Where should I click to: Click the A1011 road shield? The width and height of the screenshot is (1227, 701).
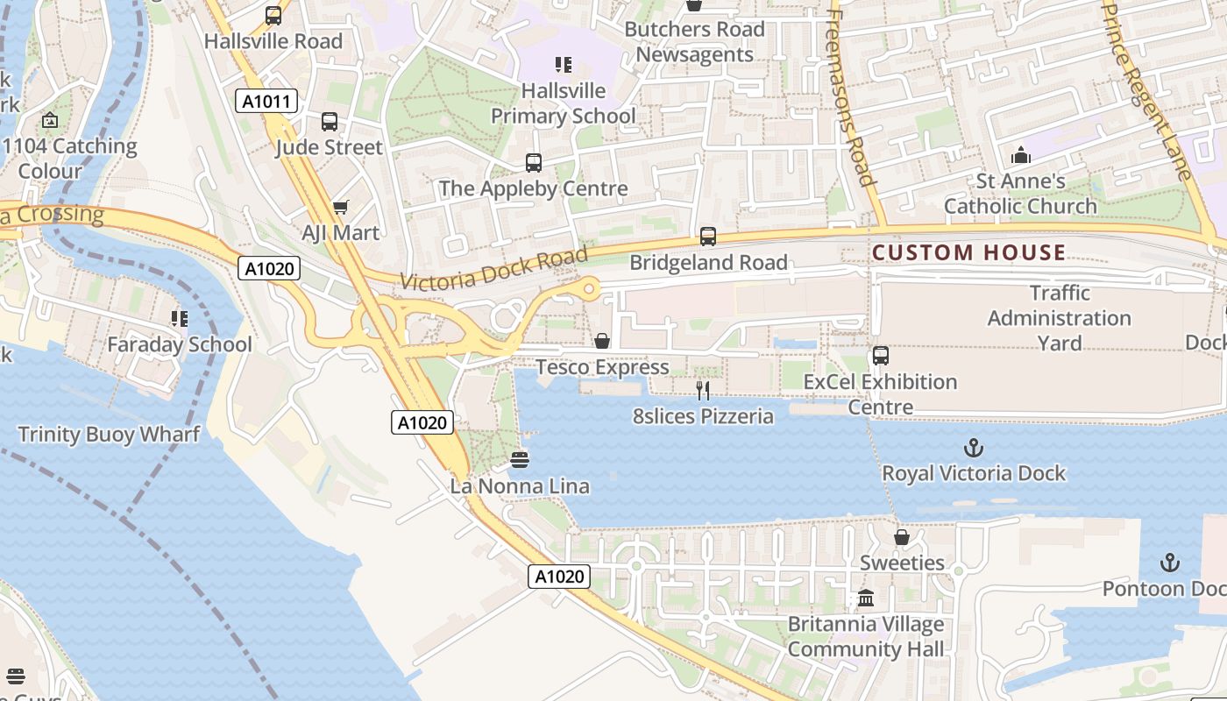pyautogui.click(x=266, y=102)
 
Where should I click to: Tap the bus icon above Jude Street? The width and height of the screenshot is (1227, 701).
pyautogui.click(x=330, y=122)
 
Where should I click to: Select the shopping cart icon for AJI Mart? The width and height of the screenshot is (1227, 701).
pyautogui.click(x=340, y=208)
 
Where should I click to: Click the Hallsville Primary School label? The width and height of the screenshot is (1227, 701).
pyautogui.click(x=564, y=103)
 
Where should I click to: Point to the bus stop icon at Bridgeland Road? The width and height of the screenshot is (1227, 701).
pyautogui.click(x=708, y=237)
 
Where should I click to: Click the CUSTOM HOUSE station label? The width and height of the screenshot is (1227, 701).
pyautogui.click(x=968, y=253)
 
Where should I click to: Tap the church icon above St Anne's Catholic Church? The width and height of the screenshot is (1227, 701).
pyautogui.click(x=1021, y=156)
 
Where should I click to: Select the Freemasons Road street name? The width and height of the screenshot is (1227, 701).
pyautogui.click(x=851, y=96)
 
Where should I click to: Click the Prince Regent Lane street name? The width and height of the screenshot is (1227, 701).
pyautogui.click(x=1147, y=88)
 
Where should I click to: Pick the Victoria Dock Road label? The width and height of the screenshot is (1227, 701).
pyautogui.click(x=493, y=269)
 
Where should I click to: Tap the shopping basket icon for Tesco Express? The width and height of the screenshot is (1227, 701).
pyautogui.click(x=602, y=341)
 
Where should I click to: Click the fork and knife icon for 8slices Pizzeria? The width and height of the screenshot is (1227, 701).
pyautogui.click(x=702, y=390)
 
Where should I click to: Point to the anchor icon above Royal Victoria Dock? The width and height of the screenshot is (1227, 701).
pyautogui.click(x=973, y=449)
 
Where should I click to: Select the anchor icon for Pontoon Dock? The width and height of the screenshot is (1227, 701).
pyautogui.click(x=1169, y=563)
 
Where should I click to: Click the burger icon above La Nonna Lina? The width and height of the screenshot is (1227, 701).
pyautogui.click(x=520, y=460)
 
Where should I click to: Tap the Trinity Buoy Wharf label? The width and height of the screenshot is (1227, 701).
pyautogui.click(x=109, y=435)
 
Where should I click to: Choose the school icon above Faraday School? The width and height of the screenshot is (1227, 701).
pyautogui.click(x=180, y=319)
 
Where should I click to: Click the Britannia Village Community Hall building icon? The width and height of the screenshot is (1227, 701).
pyautogui.click(x=866, y=598)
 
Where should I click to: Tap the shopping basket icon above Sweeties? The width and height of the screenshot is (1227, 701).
pyautogui.click(x=901, y=537)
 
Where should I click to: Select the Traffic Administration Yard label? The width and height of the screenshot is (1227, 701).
pyautogui.click(x=1060, y=318)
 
